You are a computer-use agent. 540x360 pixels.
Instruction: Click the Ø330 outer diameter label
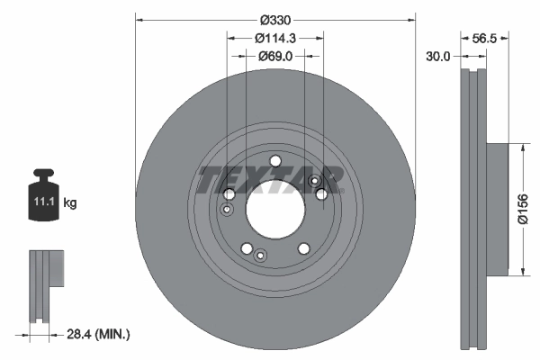274,20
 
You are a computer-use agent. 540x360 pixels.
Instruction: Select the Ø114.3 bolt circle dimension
274,38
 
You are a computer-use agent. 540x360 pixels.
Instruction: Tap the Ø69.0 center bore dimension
274,56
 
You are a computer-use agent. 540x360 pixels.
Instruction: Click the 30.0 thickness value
438,56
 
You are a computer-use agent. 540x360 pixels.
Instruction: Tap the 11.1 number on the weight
45,203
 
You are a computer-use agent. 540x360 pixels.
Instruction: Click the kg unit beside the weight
69,203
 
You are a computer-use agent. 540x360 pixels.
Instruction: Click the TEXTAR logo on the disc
270,180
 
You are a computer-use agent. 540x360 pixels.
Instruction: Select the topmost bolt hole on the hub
274,162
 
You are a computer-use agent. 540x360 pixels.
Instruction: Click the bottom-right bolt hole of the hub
303,248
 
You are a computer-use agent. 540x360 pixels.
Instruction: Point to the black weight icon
45,193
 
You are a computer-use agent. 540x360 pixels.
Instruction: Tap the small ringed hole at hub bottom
260,255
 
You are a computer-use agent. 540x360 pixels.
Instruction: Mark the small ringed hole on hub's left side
227,210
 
